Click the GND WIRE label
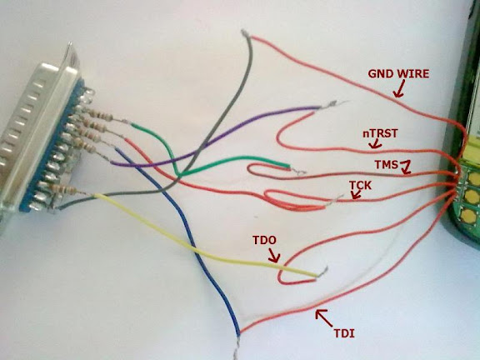point(398,74)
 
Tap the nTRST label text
point(380,133)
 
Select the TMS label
point(386,165)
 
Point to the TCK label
point(360,185)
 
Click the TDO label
point(264,240)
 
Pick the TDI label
point(344,333)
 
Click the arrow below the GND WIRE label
point(399,89)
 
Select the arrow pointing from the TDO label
point(274,255)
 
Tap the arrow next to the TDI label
point(324,318)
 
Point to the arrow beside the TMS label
point(406,167)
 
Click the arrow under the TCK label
point(356,195)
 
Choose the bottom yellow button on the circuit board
point(468,216)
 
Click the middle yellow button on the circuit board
point(472,197)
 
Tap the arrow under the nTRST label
point(375,143)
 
